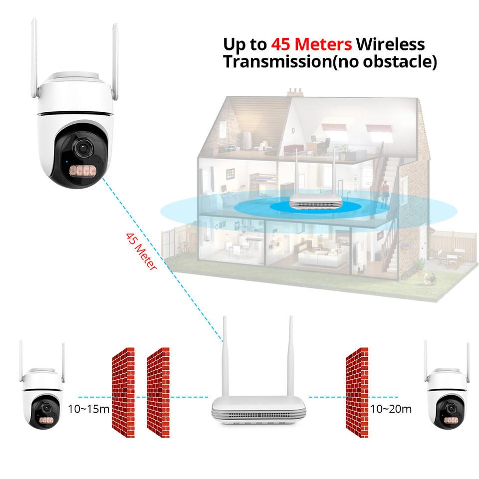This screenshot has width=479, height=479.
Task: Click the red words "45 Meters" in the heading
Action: pos(311,44)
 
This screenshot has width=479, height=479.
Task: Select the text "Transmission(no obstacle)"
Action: pos(329,62)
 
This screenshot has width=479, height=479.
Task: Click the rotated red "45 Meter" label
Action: pos(141,251)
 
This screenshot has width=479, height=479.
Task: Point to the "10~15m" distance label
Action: pos(88,409)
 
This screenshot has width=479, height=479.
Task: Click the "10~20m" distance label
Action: pos(391,409)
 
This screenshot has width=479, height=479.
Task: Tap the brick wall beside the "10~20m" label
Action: pos(357,392)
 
